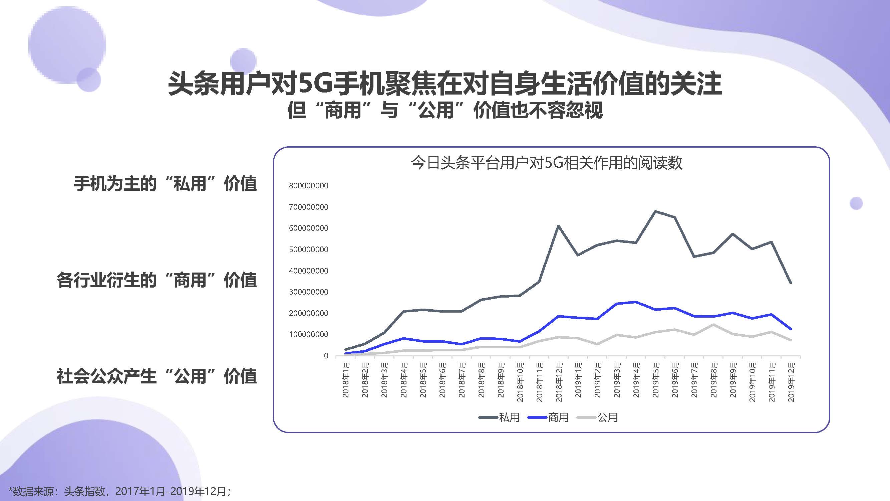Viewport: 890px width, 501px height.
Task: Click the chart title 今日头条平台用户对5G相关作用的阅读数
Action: click(546, 163)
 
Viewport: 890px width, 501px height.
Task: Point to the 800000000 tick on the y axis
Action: click(309, 186)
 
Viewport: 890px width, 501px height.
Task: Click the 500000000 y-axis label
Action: click(309, 249)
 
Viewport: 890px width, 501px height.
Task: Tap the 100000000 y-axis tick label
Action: click(309, 334)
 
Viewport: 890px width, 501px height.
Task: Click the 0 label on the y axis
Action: click(326, 356)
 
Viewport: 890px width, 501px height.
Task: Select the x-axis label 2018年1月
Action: click(346, 379)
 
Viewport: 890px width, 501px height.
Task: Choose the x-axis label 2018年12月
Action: click(559, 381)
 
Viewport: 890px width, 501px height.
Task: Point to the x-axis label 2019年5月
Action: click(655, 379)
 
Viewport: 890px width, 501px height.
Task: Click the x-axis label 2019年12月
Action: click(791, 381)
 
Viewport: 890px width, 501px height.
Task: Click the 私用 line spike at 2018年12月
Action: click(559, 226)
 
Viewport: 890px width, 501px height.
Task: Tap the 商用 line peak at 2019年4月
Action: click(636, 302)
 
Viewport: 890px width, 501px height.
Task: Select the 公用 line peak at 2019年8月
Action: click(713, 324)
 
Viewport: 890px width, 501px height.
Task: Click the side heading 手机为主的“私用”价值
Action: click(165, 183)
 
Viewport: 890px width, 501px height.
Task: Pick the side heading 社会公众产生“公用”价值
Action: click(157, 376)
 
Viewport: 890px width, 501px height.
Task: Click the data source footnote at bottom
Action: click(119, 491)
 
